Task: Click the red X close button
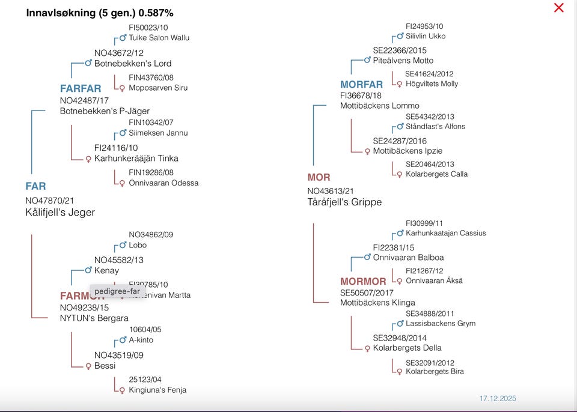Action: pyautogui.click(x=558, y=8)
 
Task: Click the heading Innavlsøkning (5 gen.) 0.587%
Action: pyautogui.click(x=100, y=13)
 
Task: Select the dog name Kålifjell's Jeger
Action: pyautogui.click(x=60, y=212)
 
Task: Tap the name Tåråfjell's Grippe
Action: pyautogui.click(x=344, y=202)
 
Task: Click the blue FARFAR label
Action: pyautogui.click(x=81, y=89)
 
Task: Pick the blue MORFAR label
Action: pyautogui.click(x=361, y=85)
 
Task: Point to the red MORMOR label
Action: pyautogui.click(x=363, y=282)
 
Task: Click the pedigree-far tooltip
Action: pyautogui.click(x=117, y=291)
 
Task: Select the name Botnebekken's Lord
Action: pyautogui.click(x=133, y=63)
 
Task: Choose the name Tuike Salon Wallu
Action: pyautogui.click(x=159, y=37)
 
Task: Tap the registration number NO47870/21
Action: pyautogui.click(x=49, y=201)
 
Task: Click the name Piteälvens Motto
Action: pyautogui.click(x=403, y=60)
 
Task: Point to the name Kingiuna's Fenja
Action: pyautogui.click(x=157, y=390)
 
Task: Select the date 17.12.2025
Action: pyautogui.click(x=498, y=398)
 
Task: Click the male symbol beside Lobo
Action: pyautogui.click(x=123, y=245)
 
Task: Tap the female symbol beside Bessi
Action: pyautogui.click(x=88, y=366)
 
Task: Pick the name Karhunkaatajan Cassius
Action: pyautogui.click(x=445, y=233)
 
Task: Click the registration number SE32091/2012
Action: pyautogui.click(x=430, y=363)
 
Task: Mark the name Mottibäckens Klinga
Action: pyautogui.click(x=377, y=303)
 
